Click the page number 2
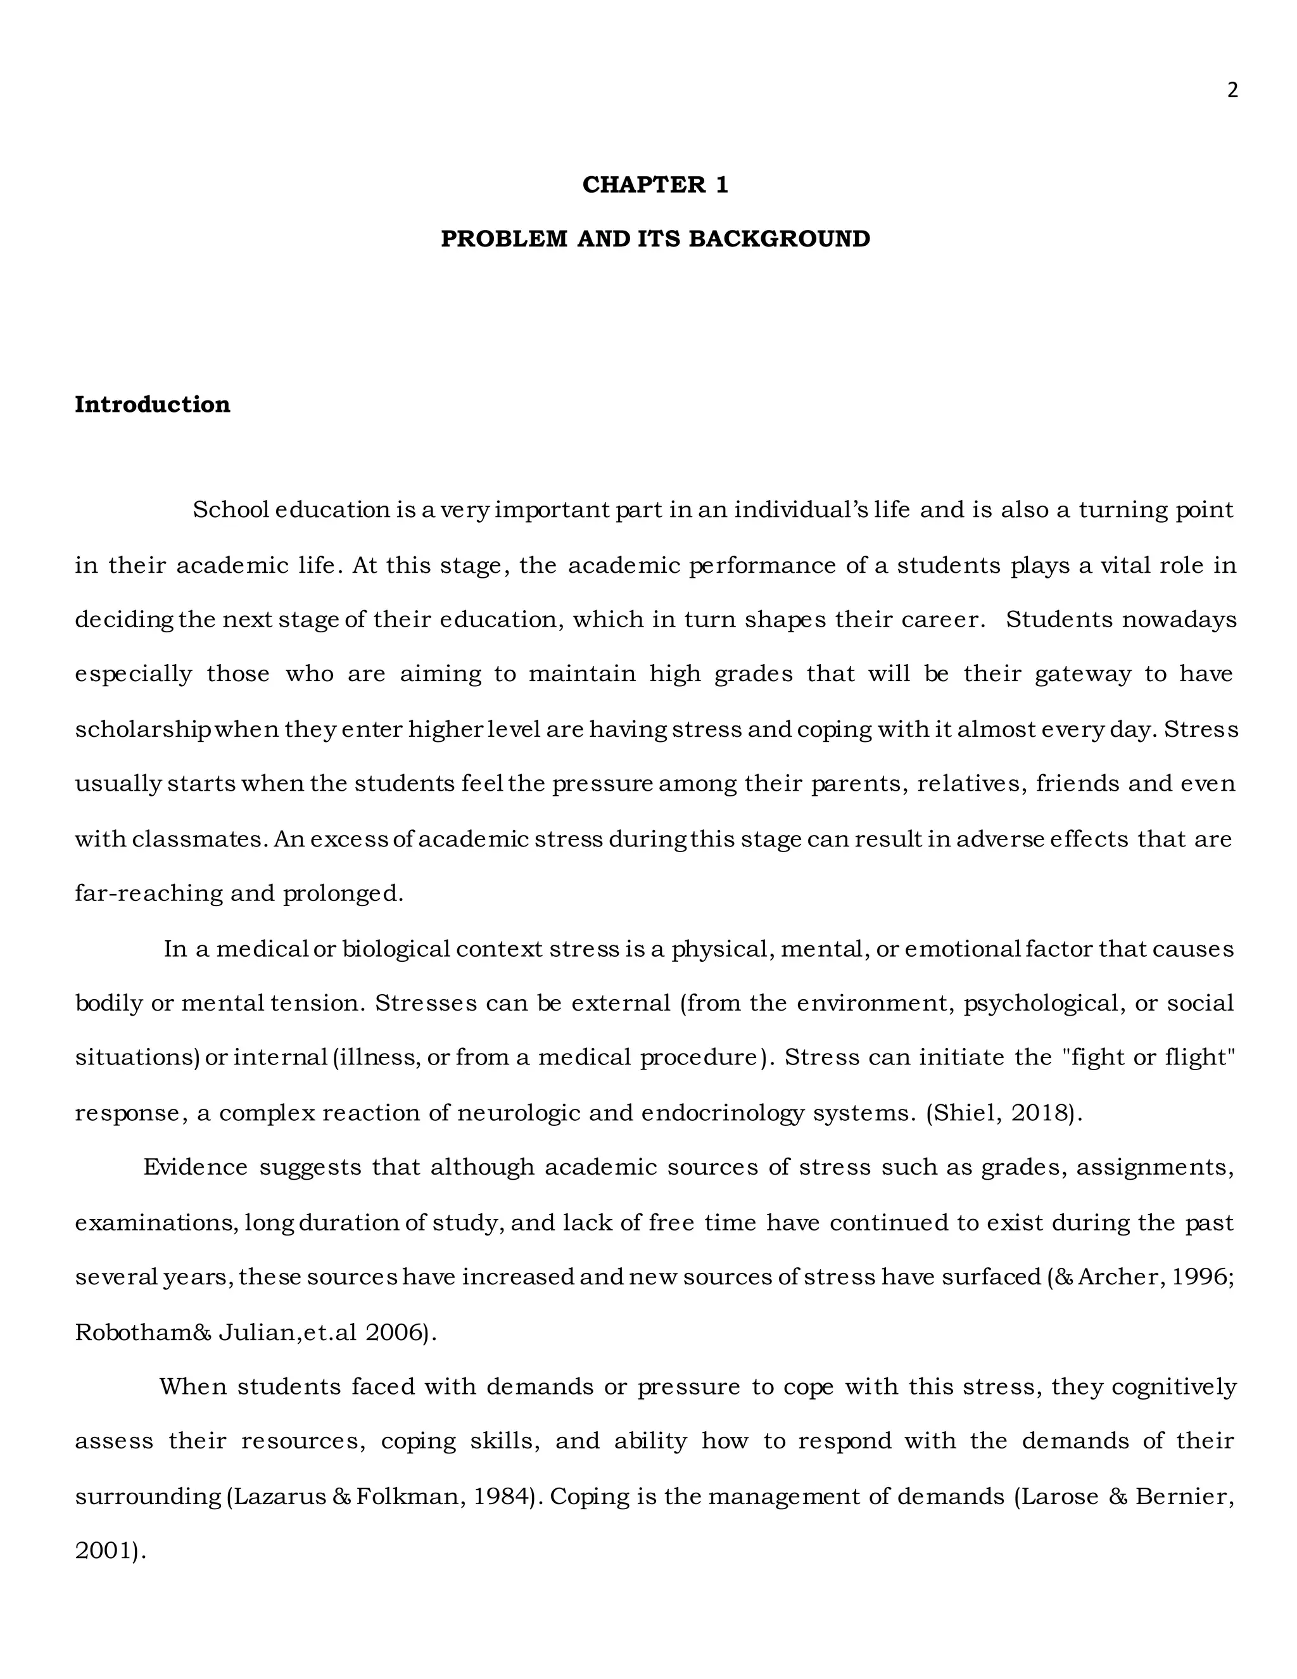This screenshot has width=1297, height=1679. click(1232, 91)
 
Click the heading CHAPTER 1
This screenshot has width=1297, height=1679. click(655, 184)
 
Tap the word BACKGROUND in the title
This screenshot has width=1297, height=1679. click(779, 239)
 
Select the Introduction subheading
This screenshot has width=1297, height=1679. click(152, 404)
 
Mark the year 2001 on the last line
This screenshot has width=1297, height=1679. click(104, 1552)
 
